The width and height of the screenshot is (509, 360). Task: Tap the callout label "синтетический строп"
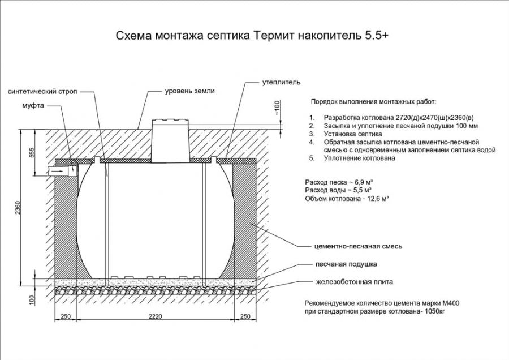tap(43, 92)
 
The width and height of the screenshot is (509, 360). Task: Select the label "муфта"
tap(33, 105)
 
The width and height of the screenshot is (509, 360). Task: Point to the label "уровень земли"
tap(190, 91)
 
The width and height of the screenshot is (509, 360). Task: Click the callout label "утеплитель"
tap(277, 83)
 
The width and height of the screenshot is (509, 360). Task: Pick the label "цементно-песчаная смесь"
tap(358, 247)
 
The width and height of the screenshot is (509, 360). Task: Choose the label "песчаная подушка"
tap(346, 264)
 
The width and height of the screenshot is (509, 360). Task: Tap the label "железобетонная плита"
tap(354, 281)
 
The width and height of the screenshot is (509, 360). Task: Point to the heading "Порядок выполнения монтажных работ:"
tap(373, 102)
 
